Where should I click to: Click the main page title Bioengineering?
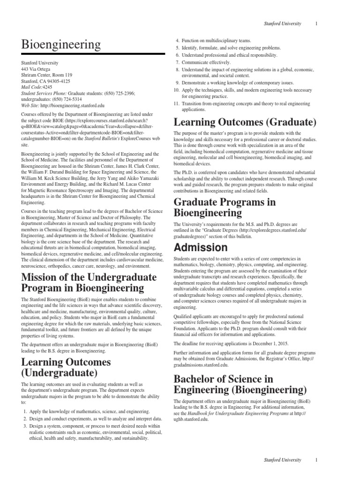[61, 45]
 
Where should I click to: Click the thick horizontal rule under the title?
[93, 54]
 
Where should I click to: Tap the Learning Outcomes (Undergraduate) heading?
[66, 367]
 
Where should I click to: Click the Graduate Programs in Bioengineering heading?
[225, 208]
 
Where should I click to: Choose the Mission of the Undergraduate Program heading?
[89, 282]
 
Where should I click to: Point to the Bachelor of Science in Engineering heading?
[240, 384]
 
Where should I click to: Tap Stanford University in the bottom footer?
[283, 460]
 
